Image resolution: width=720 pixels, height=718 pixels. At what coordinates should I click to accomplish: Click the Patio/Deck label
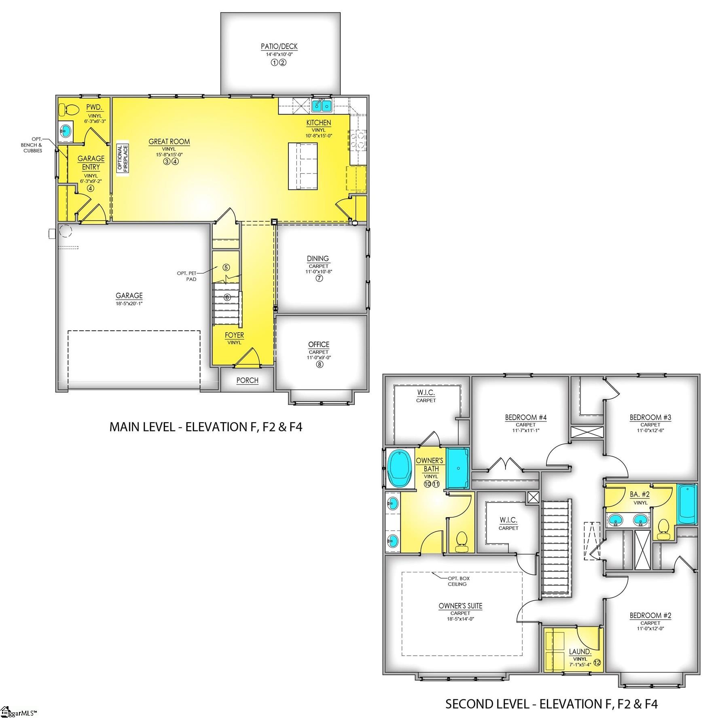279,47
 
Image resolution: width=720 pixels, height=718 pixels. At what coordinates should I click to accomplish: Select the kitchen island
303,166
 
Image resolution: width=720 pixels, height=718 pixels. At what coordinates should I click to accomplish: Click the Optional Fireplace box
123,159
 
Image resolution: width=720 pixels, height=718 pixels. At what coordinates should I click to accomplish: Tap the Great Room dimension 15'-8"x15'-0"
169,154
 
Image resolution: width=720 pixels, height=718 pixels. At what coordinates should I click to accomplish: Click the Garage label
129,295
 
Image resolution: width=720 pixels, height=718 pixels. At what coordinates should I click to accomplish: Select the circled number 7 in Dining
319,278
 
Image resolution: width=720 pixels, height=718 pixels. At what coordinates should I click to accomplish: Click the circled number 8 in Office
320,364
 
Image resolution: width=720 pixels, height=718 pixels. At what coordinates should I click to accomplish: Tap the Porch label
247,380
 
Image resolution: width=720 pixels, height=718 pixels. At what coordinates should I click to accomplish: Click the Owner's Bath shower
457,468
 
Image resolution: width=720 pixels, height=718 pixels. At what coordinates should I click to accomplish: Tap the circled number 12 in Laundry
597,663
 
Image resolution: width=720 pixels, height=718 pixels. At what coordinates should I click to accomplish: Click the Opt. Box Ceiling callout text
458,581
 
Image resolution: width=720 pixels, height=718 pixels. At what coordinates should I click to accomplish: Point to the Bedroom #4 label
525,417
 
